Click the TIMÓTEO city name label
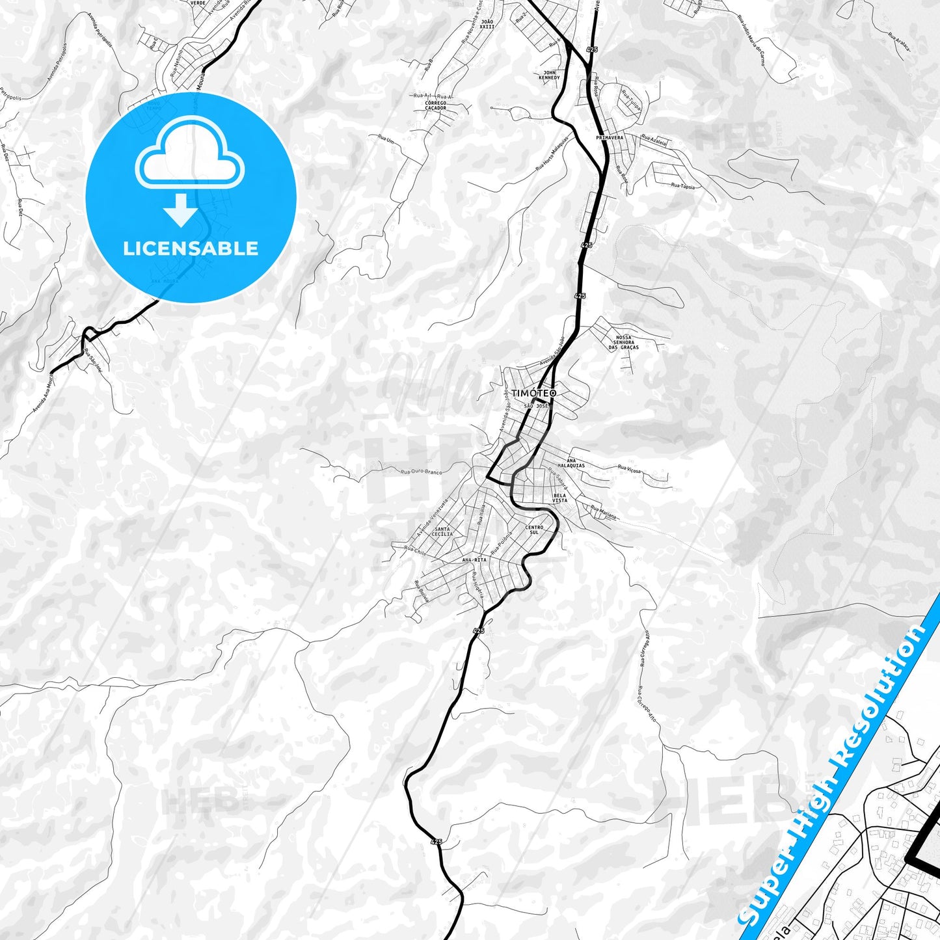click(533, 394)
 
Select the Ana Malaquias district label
click(576, 463)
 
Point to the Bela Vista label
click(559, 498)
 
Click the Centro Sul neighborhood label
click(533, 530)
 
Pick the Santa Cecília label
click(442, 531)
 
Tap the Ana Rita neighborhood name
click(474, 559)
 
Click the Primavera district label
click(610, 138)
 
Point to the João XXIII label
click(487, 25)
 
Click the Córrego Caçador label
click(435, 105)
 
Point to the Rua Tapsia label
click(683, 187)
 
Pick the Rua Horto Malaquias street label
click(552, 154)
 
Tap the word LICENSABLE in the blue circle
click(191, 248)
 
